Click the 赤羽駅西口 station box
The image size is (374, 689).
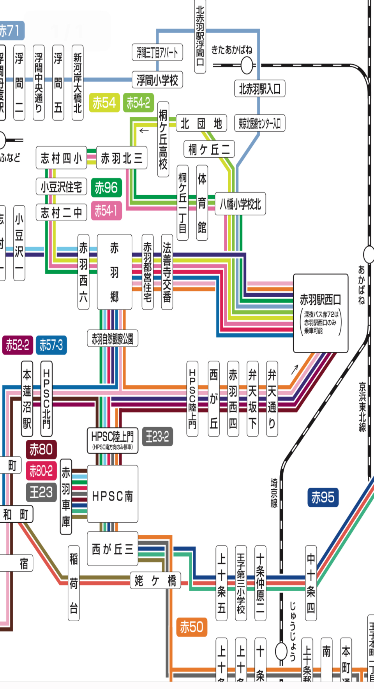320,313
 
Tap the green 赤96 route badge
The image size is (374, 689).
106,188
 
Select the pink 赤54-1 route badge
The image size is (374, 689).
106,211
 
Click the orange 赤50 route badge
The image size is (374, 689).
191,627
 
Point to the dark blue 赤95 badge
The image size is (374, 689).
323,497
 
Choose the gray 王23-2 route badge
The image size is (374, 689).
157,437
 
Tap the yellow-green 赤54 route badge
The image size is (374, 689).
104,103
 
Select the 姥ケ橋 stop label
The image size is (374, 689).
155,581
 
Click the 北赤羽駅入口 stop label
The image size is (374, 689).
259,89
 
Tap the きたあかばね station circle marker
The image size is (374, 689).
247,65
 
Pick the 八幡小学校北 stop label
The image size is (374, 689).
240,204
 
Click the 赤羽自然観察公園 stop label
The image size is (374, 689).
112,338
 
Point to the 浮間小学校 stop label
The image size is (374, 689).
157,80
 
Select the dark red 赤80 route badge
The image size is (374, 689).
41,449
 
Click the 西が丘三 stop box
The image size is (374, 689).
113,549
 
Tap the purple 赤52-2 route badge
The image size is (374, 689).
17,345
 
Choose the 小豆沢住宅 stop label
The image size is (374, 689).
61,187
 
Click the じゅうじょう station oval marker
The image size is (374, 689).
281,651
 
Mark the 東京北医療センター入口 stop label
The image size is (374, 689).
259,123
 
